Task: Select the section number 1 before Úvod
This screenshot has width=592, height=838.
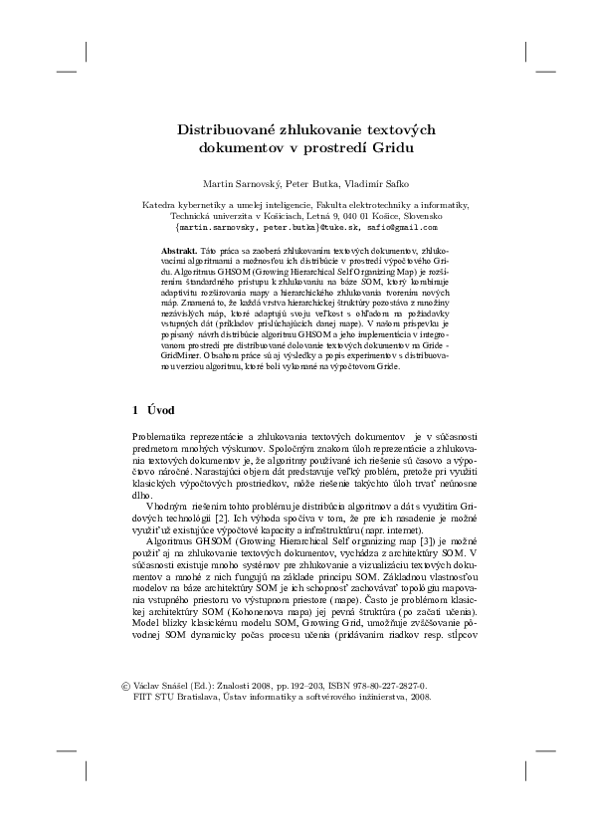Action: click(x=136, y=409)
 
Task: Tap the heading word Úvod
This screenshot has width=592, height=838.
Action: click(x=162, y=409)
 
